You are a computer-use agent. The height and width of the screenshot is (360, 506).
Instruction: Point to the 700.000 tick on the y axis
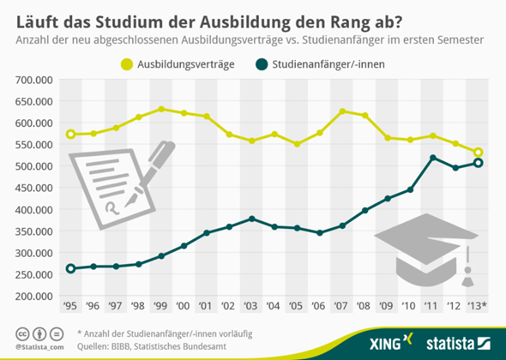point(35,80)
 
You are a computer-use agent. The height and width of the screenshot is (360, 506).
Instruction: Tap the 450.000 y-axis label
point(35,188)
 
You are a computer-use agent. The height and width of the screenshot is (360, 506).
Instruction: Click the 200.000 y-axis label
point(35,296)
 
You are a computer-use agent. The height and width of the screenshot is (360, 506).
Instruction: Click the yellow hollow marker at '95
point(70,135)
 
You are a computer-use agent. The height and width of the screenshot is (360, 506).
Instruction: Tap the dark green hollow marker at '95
point(70,268)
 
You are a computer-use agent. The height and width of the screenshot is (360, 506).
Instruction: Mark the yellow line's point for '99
point(160,110)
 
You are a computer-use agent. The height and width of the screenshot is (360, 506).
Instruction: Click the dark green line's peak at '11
point(433,158)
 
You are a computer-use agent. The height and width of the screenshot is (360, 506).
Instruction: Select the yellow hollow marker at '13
point(479,153)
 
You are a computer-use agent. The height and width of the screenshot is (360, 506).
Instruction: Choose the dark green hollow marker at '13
point(479,163)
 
